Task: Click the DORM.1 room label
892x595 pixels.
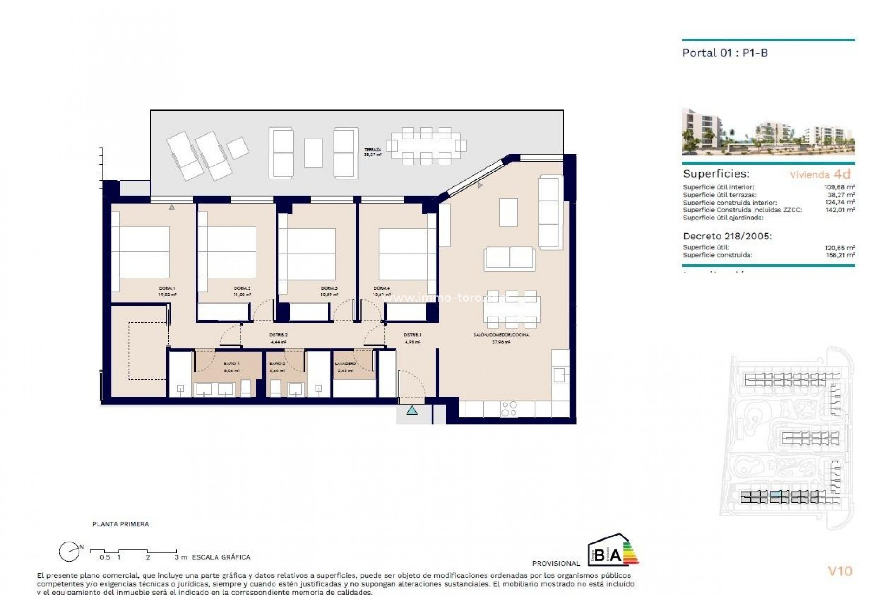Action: point(167,288)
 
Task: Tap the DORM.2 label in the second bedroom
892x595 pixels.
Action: point(243,288)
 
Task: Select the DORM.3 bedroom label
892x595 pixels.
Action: point(329,288)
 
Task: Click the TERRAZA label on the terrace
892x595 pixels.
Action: point(373,150)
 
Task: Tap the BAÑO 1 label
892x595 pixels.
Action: point(231,364)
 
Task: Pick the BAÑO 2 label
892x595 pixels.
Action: point(277,364)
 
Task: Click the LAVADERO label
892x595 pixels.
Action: point(345,364)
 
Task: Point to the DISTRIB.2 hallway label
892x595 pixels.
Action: point(279,335)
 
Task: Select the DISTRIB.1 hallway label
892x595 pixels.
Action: point(412,335)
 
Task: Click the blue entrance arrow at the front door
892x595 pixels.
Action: point(412,410)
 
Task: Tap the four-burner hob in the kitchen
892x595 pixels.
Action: point(509,409)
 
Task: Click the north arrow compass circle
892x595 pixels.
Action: point(68,552)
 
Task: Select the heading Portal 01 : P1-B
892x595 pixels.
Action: point(725,53)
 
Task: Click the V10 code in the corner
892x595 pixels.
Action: point(840,571)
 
